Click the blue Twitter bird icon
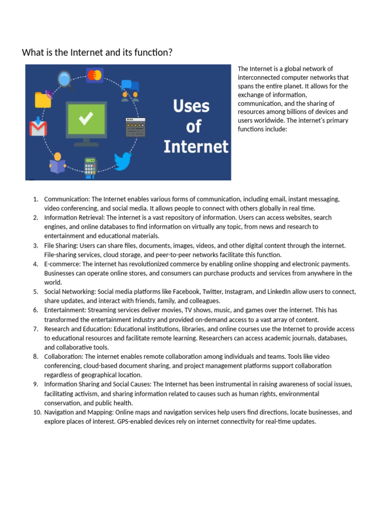[x=123, y=161]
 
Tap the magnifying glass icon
[x=65, y=80]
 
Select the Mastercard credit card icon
[x=94, y=75]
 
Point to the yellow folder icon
[x=43, y=99]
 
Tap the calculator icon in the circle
[x=90, y=167]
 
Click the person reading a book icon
[x=57, y=163]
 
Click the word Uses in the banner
[x=191, y=106]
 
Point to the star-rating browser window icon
[x=135, y=127]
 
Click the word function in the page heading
[x=153, y=52]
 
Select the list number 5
[x=36, y=292]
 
